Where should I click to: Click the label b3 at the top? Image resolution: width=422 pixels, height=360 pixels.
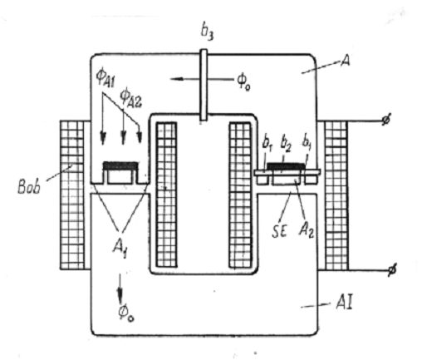pyautogui.click(x=208, y=32)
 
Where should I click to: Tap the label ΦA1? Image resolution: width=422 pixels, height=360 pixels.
pyautogui.click(x=105, y=78)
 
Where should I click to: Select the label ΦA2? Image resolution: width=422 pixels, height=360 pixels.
pyautogui.click(x=130, y=98)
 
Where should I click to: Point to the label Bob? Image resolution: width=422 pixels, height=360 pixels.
pyautogui.click(x=29, y=186)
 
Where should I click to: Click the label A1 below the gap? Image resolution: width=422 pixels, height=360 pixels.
pyautogui.click(x=120, y=249)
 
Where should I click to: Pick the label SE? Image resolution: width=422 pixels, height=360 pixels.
pyautogui.click(x=279, y=231)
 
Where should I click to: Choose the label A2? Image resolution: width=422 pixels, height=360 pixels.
pyautogui.click(x=307, y=229)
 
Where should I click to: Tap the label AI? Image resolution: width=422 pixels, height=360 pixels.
pyautogui.click(x=344, y=303)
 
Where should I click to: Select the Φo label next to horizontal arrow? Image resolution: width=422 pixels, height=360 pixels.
pyautogui.click(x=243, y=81)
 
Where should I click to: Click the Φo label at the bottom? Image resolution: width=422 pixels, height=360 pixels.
pyautogui.click(x=126, y=313)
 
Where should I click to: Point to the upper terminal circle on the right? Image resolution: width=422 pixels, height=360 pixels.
pyautogui.click(x=385, y=121)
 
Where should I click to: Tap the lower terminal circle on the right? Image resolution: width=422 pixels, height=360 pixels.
pyautogui.click(x=392, y=269)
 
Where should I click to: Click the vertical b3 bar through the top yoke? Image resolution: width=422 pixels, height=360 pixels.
pyautogui.click(x=204, y=85)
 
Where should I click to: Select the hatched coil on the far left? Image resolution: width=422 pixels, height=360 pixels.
pyautogui.click(x=72, y=195)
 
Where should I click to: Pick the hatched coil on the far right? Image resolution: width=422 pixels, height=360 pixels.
pyautogui.click(x=336, y=195)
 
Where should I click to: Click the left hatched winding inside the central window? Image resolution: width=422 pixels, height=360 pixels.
pyautogui.click(x=166, y=195)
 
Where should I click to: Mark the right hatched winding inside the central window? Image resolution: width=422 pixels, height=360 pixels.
pyautogui.click(x=240, y=195)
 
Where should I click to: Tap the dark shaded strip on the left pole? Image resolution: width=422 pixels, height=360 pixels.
pyautogui.click(x=120, y=165)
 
